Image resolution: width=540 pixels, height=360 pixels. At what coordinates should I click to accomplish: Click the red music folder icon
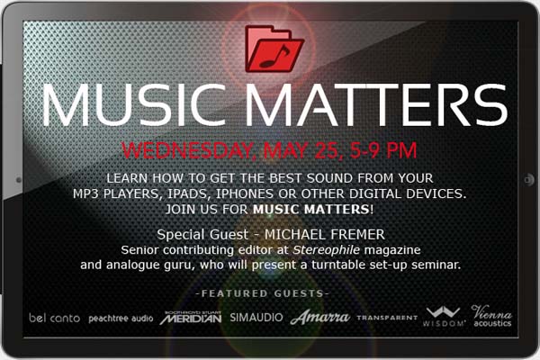pyautogui.click(x=274, y=49)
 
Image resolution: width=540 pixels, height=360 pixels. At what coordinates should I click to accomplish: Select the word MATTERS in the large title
pyautogui.click(x=376, y=104)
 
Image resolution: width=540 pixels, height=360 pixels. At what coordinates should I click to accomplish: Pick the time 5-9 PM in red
pyautogui.click(x=383, y=150)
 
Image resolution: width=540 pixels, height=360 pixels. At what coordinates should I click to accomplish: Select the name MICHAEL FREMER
pyautogui.click(x=324, y=235)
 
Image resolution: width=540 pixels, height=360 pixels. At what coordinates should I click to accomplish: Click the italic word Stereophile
pyautogui.click(x=326, y=250)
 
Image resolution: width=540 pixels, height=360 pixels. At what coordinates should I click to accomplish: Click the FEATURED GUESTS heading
pyautogui.click(x=263, y=293)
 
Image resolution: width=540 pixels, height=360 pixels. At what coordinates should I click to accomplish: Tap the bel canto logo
pyautogui.click(x=54, y=318)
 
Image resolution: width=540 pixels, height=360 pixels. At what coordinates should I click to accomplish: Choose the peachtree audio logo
pyautogui.click(x=121, y=319)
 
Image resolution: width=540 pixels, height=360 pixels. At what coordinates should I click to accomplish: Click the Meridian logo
pyautogui.click(x=191, y=318)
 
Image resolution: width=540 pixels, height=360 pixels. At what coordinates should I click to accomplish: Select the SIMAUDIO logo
pyautogui.click(x=256, y=318)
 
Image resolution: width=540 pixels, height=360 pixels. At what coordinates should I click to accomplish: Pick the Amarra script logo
pyautogui.click(x=319, y=318)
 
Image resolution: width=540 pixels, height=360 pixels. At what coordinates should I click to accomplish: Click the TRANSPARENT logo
pyautogui.click(x=387, y=318)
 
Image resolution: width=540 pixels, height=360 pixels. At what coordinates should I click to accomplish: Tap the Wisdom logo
pyautogui.click(x=444, y=317)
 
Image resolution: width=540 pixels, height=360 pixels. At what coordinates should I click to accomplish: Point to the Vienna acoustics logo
pyautogui.click(x=491, y=316)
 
